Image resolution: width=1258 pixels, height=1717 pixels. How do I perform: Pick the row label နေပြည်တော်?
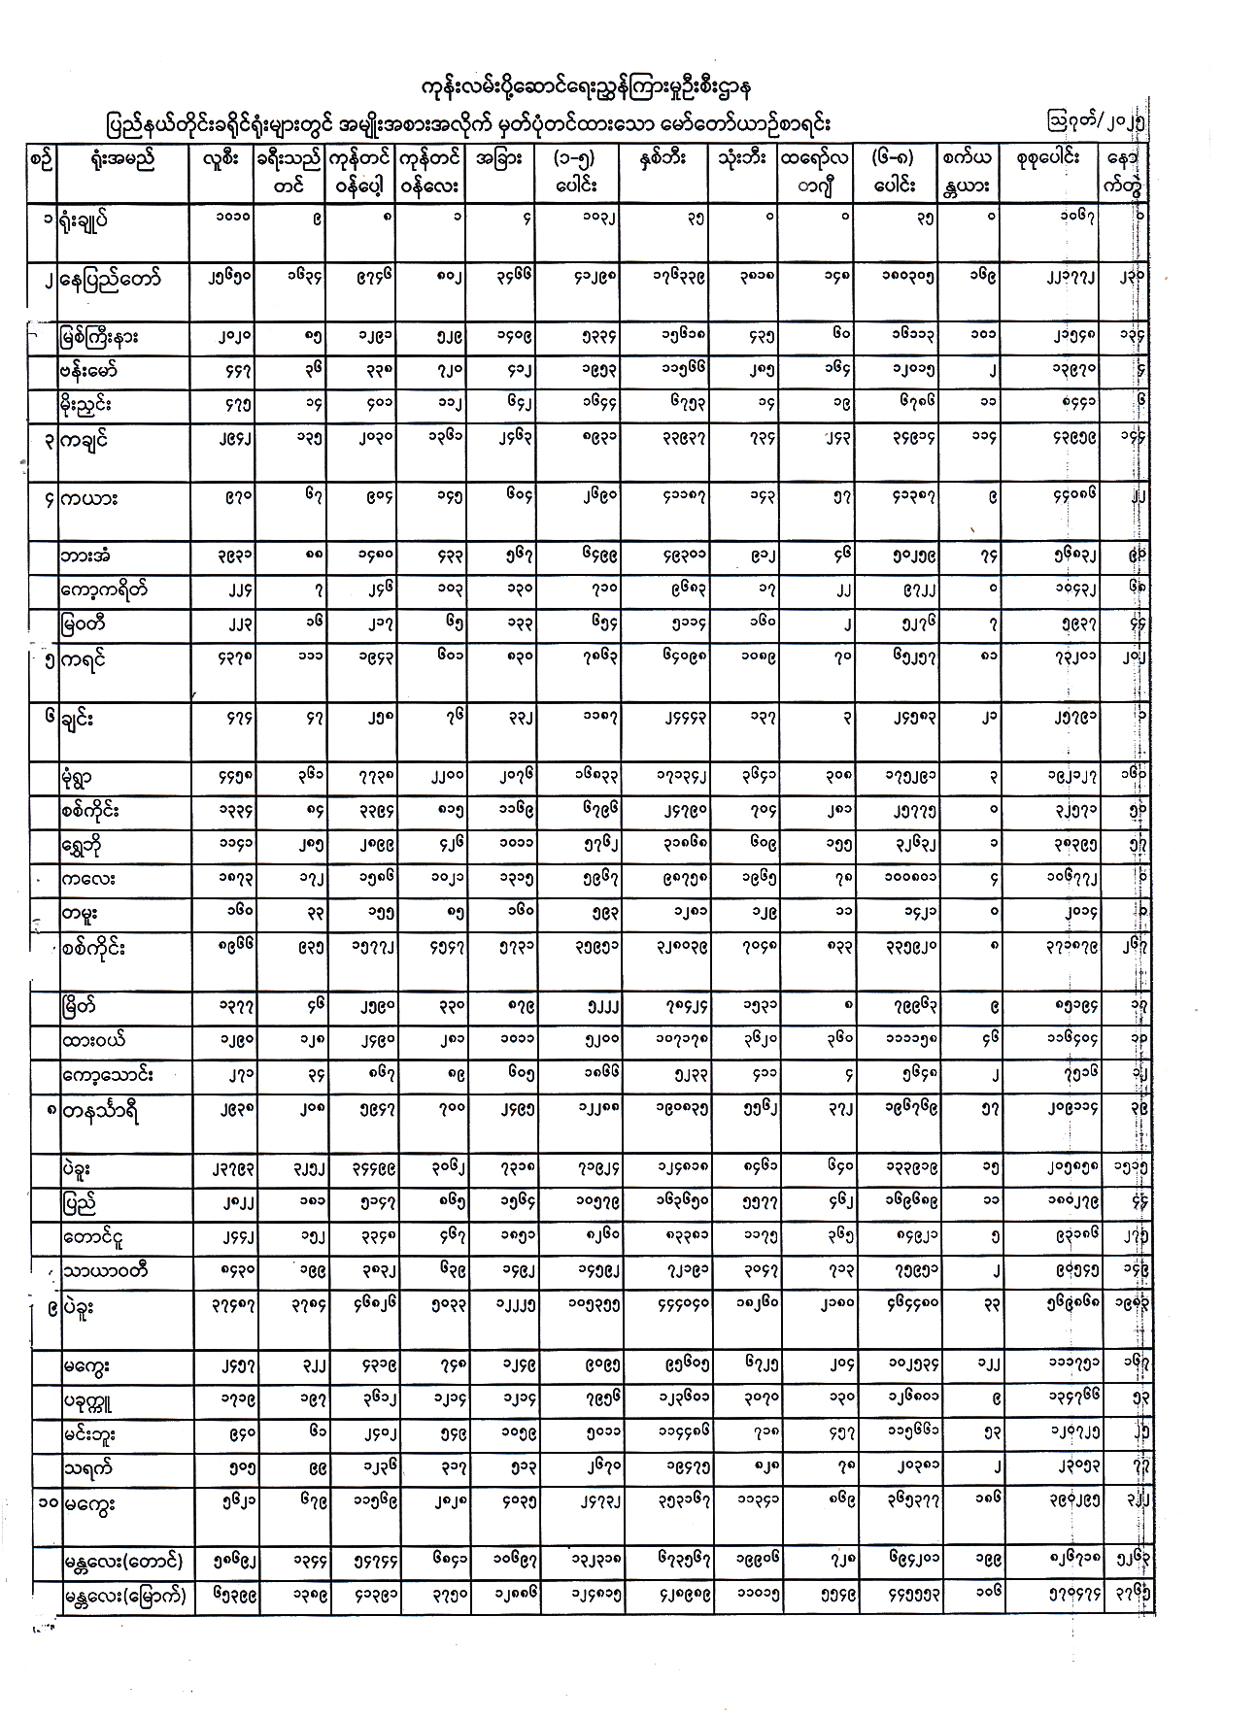click(108, 280)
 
